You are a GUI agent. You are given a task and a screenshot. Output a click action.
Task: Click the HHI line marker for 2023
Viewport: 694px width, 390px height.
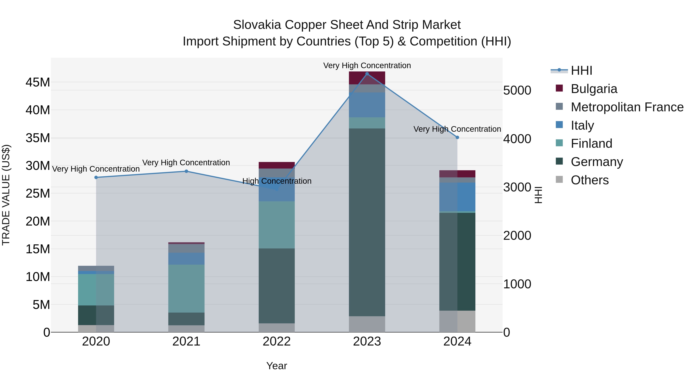click(x=367, y=74)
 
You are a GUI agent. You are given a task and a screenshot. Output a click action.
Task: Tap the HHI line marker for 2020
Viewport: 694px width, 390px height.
click(x=96, y=177)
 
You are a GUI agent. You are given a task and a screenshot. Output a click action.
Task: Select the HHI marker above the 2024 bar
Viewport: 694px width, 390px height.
click(x=457, y=138)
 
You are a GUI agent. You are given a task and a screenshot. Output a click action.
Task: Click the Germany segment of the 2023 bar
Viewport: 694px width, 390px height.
click(x=367, y=222)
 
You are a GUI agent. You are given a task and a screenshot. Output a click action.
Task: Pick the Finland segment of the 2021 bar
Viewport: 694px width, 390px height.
click(x=186, y=288)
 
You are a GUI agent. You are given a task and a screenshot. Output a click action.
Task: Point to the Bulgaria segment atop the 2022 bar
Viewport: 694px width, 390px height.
click(x=276, y=165)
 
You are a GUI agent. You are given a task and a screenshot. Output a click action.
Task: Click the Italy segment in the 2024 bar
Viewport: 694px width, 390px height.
click(x=457, y=197)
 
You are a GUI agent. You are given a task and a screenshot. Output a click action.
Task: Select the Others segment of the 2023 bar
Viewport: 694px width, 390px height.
click(x=367, y=324)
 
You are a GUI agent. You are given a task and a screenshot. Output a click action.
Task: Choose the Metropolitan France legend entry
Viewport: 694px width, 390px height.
click(x=627, y=107)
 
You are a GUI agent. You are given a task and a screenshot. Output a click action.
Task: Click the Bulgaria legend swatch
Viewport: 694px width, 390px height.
click(x=559, y=88)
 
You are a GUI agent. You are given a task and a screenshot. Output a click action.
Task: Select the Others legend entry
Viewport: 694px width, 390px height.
click(x=590, y=180)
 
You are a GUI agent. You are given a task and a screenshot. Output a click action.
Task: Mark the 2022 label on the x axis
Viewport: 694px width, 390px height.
click(x=276, y=341)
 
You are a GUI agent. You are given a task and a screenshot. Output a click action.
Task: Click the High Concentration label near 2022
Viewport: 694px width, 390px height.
click(x=277, y=181)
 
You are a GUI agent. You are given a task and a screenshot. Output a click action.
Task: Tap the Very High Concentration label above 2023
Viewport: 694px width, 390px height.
click(x=367, y=65)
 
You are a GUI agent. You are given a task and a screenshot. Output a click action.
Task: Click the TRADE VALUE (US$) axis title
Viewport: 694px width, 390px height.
click(x=6, y=195)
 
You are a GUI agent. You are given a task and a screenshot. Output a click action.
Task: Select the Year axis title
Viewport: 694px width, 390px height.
click(x=276, y=366)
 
